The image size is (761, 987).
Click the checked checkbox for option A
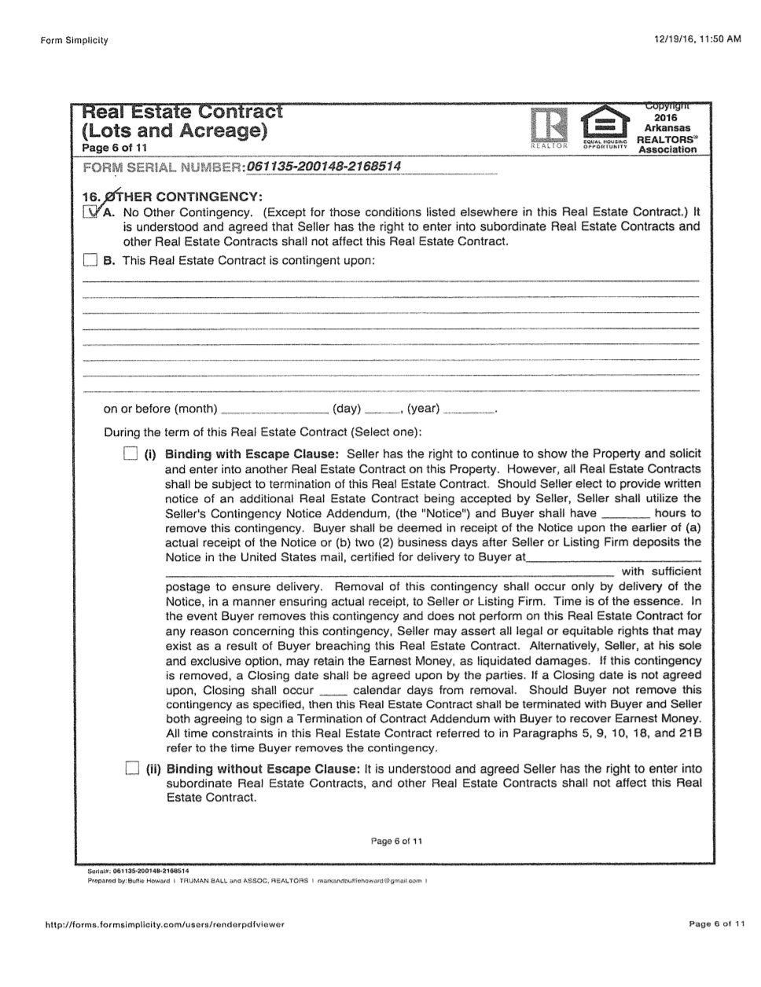point(91,212)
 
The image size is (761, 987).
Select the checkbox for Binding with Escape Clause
point(131,454)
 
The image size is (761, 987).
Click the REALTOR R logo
point(546,126)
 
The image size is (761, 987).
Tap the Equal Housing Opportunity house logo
point(603,123)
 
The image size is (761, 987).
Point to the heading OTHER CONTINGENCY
point(180,196)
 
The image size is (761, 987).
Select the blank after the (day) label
point(381,409)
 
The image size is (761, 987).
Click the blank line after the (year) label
point(469,409)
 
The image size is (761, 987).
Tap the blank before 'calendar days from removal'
point(333,691)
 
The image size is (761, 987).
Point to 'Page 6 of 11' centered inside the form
point(396,842)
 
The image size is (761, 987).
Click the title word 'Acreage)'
point(223,130)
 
